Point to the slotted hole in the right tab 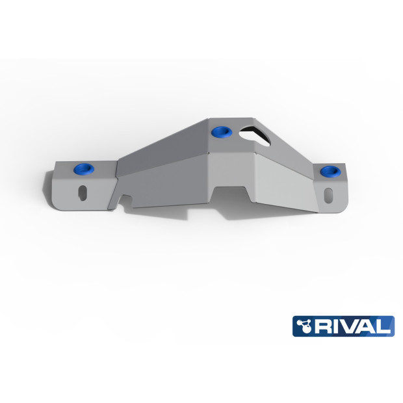point(330,194)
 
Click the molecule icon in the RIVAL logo point(304,325)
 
